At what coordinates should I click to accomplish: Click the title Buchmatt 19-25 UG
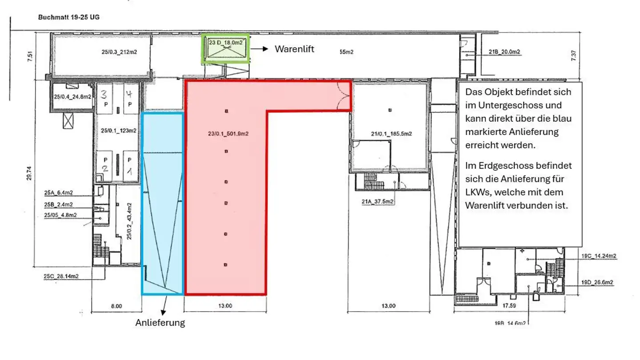tap(68, 17)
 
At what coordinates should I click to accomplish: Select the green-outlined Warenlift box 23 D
tap(225, 48)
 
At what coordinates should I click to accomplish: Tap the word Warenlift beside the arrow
tap(294, 49)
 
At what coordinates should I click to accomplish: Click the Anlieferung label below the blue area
tap(160, 323)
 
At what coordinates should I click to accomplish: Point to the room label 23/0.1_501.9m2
tap(227, 132)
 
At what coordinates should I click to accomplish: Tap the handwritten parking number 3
tap(103, 95)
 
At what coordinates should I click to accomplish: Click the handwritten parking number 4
tap(129, 94)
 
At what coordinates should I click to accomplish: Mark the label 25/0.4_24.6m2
tap(72, 96)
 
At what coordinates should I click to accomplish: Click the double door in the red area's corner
tap(344, 95)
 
